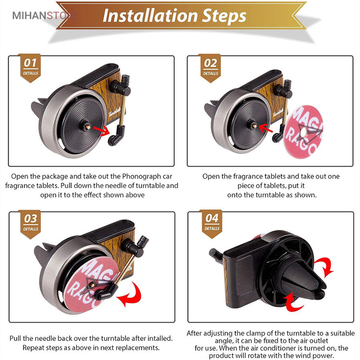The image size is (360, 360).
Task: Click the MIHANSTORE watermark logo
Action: [46, 15]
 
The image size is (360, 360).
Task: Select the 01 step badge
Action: [30, 68]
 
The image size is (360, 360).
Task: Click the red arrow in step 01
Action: [102, 131]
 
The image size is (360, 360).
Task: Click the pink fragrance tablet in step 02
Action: [303, 132]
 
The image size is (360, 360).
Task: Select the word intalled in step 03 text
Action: [160, 338]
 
